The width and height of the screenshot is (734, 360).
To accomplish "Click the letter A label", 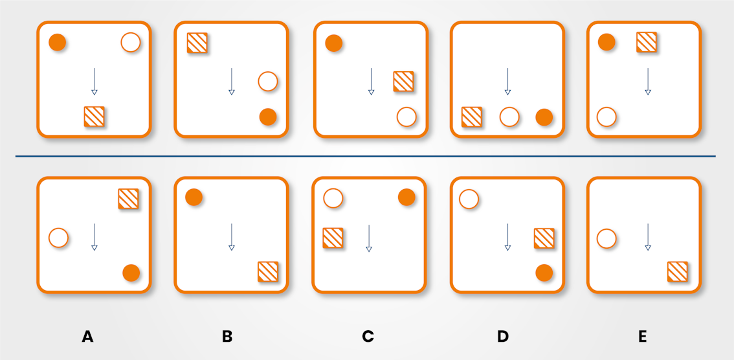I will coord(88,337).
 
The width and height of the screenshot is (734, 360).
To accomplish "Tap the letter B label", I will coord(227,337).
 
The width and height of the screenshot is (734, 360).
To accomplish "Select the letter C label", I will coord(368,337).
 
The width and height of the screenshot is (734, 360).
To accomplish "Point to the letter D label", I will coord(503,337).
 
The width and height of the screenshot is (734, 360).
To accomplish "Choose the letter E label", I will coord(642,337).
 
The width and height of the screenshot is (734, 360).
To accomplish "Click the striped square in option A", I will coord(128,199).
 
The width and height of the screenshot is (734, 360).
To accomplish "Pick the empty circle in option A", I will coord(58,238).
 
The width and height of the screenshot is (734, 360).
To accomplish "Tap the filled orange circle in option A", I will coord(131,273).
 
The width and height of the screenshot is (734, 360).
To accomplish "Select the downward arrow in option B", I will coord(231,237).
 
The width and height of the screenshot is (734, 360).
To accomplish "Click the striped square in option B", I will coord(268,271).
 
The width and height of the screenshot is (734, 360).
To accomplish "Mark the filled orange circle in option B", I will coord(194,197).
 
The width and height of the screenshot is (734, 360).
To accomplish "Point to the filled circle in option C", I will coord(406,197).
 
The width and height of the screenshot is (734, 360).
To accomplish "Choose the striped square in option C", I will coord(333,238).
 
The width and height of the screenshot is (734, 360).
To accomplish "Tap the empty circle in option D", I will coord(469,199).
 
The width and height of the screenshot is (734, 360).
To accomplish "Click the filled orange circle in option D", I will coord(544,273).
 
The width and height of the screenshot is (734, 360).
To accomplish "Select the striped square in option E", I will coord(677,271).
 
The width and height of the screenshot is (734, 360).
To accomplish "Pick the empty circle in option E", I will coord(606,238).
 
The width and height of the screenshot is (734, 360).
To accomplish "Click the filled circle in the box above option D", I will coord(544,117).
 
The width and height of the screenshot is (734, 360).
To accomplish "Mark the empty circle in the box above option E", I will coord(606,117).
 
